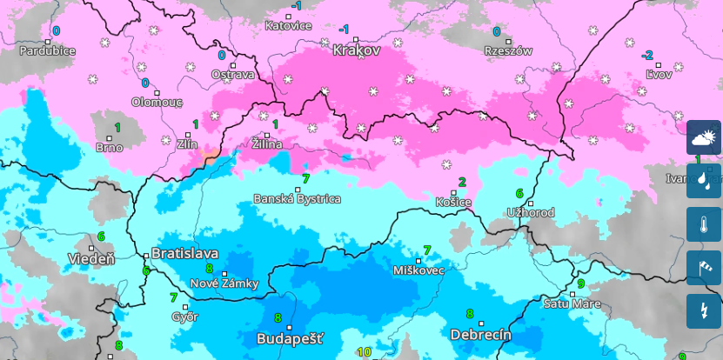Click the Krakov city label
(356, 50)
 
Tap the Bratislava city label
(184, 253)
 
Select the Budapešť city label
(290, 338)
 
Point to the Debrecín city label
(480, 335)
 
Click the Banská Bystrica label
(297, 199)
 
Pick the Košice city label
(453, 203)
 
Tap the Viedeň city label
(91, 259)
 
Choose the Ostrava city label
(233, 75)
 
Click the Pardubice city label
(48, 50)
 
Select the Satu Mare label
(572, 303)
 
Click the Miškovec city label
(418, 270)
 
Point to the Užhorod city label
(531, 213)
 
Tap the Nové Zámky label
(224, 284)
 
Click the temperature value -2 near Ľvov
(646, 55)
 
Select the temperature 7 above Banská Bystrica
(305, 178)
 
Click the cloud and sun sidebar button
(704, 137)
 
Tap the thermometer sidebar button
(704, 224)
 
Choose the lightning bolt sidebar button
(704, 311)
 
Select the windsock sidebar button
(704, 268)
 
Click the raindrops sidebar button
(704, 181)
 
